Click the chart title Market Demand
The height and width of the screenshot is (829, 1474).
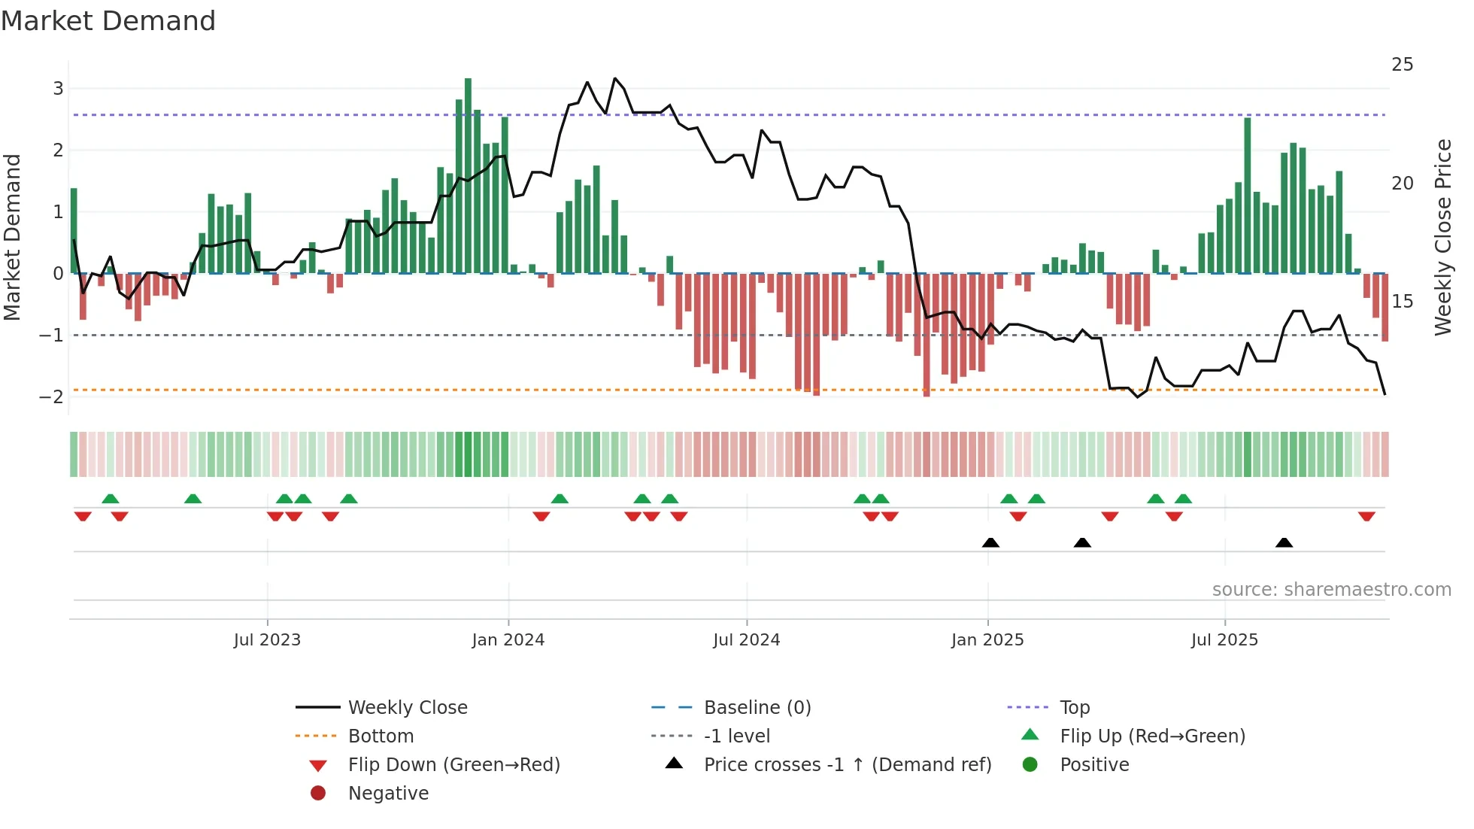point(108,21)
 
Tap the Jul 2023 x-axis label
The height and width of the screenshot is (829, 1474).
point(267,640)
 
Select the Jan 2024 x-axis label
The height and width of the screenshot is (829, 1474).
point(508,640)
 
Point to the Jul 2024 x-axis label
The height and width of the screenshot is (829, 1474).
point(747,640)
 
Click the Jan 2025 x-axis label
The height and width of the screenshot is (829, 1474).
point(987,640)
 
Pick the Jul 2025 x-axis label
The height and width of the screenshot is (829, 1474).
point(1224,640)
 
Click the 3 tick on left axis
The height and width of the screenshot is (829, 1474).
point(58,89)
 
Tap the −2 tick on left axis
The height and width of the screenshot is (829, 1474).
point(53,397)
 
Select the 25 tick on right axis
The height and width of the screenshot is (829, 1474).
point(1402,65)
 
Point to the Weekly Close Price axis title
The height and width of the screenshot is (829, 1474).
point(1442,237)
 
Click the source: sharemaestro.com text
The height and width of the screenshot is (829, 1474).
point(1331,590)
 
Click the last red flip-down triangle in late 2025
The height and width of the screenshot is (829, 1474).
point(1366,517)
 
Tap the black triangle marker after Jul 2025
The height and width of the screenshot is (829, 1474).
point(1284,542)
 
